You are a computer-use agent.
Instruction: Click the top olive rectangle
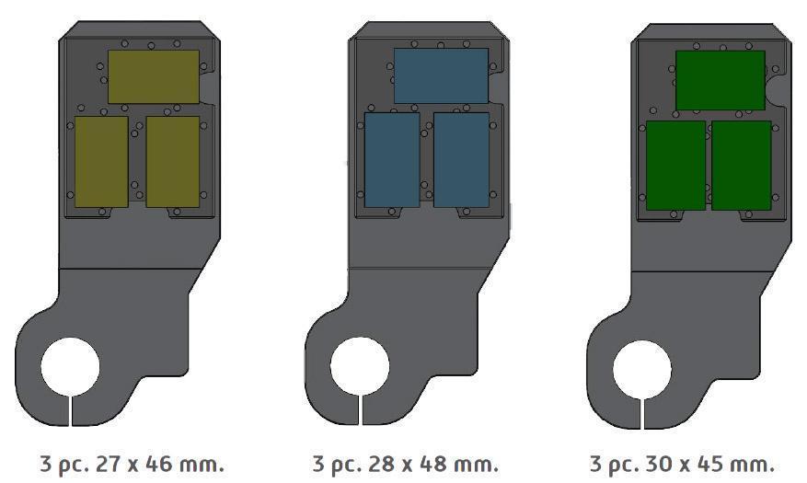click(x=154, y=76)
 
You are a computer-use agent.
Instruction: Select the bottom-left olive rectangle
click(x=101, y=162)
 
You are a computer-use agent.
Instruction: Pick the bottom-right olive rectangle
click(x=173, y=162)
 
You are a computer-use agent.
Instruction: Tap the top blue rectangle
click(x=441, y=75)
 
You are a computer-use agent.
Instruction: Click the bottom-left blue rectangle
click(x=392, y=160)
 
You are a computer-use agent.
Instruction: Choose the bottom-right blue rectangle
click(x=462, y=160)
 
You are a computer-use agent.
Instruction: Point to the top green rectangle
click(x=721, y=80)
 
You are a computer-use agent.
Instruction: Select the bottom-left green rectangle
click(x=675, y=165)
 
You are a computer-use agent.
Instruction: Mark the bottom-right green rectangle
click(x=742, y=165)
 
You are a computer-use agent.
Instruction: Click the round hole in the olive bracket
click(x=70, y=367)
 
